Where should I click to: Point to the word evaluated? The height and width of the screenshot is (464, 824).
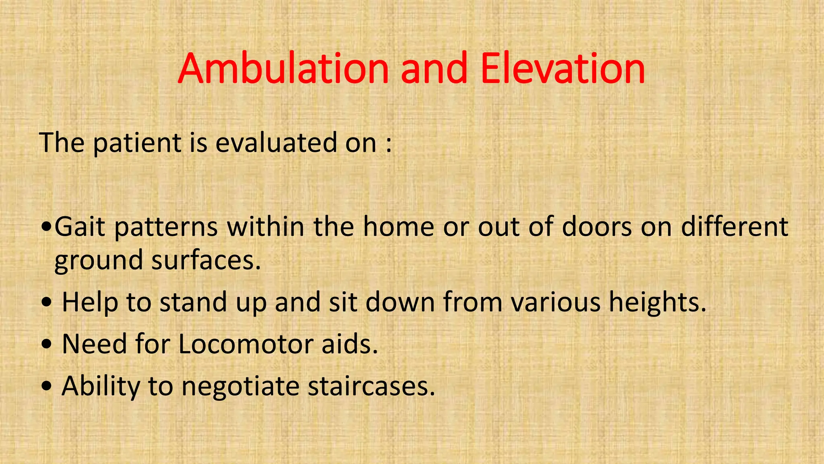click(276, 143)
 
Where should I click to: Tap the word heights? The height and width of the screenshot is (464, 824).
click(657, 302)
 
